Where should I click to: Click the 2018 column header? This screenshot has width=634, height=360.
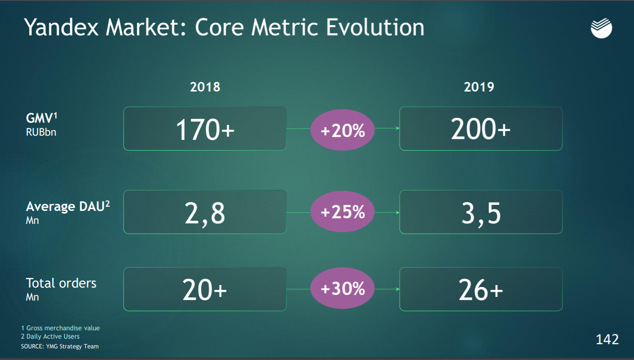(205, 87)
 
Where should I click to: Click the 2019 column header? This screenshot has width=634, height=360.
(479, 87)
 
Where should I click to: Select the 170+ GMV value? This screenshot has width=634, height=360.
(205, 129)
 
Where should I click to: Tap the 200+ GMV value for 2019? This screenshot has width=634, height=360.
(481, 129)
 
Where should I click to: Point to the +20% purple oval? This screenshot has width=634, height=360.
(343, 131)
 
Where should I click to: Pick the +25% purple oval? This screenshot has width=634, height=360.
(343, 212)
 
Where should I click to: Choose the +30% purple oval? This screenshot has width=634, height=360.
(343, 289)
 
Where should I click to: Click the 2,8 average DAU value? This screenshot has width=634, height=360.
(205, 213)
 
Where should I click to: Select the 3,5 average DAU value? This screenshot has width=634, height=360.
(481, 213)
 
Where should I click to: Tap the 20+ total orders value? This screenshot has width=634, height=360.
(205, 290)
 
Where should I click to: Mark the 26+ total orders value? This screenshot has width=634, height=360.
(481, 290)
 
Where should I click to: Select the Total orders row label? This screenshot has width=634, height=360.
(61, 283)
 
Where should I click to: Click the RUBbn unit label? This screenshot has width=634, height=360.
(41, 132)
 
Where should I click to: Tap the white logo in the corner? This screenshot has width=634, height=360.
(601, 29)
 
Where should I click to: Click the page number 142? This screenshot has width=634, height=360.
(607, 340)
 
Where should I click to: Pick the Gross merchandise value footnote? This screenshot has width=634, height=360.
(60, 328)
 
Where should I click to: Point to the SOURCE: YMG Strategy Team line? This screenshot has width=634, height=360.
(60, 346)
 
